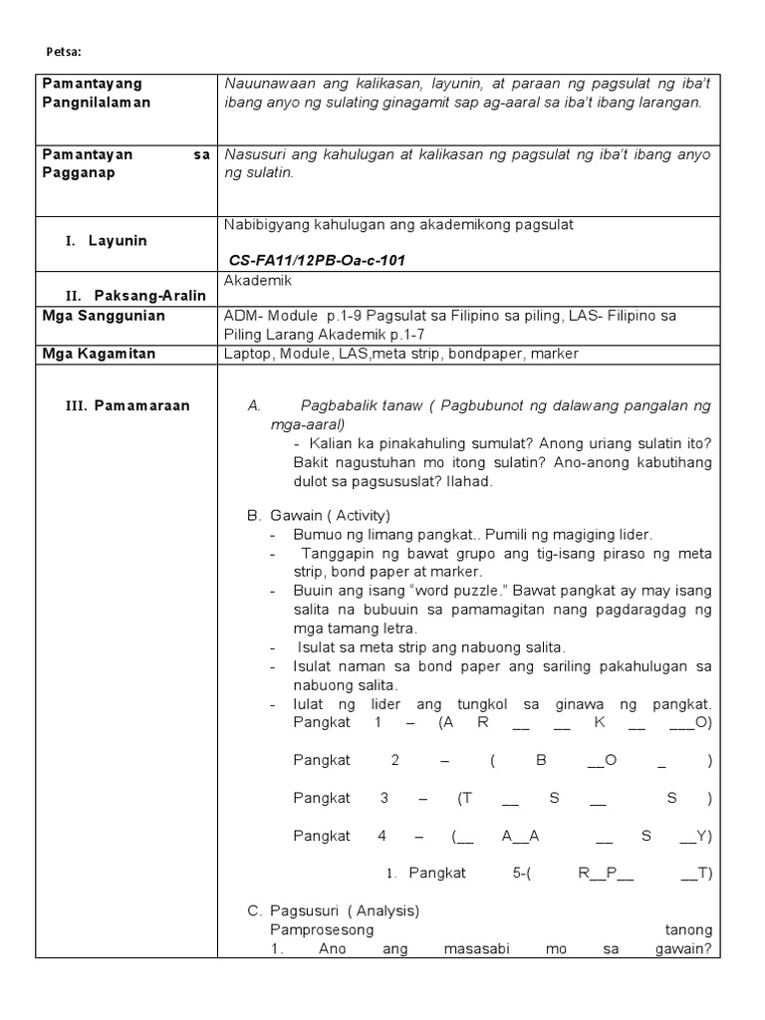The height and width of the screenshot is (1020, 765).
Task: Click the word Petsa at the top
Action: pos(65,50)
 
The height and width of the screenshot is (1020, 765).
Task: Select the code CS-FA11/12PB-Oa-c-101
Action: pos(317,260)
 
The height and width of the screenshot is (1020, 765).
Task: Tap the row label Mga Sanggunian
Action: pos(104,316)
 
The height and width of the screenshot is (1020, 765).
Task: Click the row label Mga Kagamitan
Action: pos(99,354)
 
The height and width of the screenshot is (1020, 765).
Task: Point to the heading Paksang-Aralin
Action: pos(149,296)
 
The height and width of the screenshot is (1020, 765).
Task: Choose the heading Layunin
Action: pos(118,241)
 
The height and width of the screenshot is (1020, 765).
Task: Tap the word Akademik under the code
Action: pos(258,282)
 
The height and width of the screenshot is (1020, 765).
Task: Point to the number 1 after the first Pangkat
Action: pos(379,722)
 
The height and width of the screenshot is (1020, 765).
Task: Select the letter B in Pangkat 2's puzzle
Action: pos(542,760)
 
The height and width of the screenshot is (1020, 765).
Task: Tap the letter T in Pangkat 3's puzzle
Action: pos(465,798)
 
